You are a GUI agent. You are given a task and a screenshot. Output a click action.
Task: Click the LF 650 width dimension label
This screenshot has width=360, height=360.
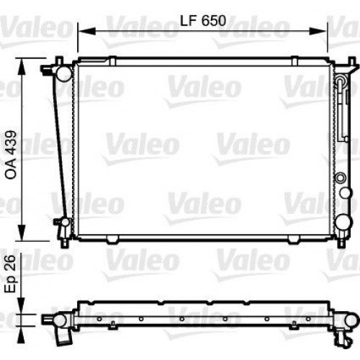tap(202, 21)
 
